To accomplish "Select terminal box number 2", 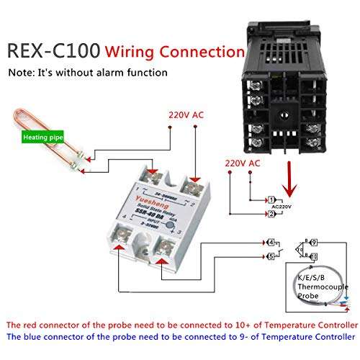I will click(270, 215).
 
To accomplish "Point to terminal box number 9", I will click(315, 243).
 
